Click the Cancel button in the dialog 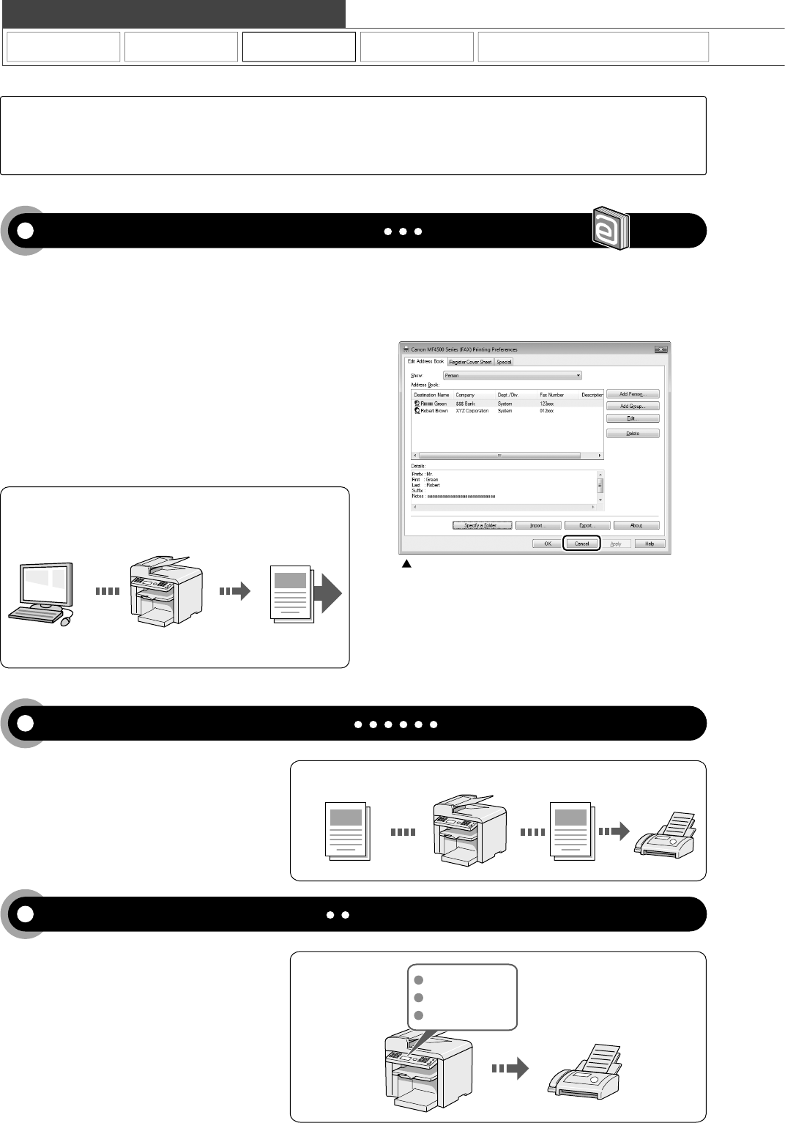point(581,544)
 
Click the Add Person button point(633,394)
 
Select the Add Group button point(633,407)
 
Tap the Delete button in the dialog point(633,434)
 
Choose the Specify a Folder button point(481,525)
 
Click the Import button point(538,525)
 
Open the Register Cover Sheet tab point(470,362)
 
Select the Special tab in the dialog point(504,362)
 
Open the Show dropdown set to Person point(512,376)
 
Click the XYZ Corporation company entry point(472,411)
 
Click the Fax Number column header point(551,395)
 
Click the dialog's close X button point(661,349)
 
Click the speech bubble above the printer point(461,998)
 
